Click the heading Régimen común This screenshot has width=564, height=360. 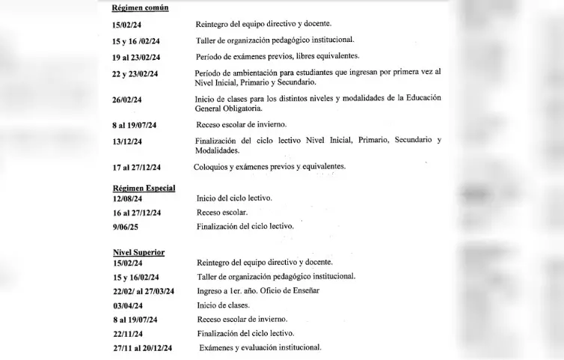pyautogui.click(x=140, y=7)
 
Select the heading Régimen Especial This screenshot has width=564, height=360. pyautogui.click(x=144, y=188)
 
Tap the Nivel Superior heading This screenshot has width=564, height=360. pyautogui.click(x=138, y=252)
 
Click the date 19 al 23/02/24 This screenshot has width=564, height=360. pyautogui.click(x=141, y=58)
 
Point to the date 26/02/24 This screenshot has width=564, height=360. pyautogui.click(x=127, y=100)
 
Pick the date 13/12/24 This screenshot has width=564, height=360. pyautogui.click(x=127, y=141)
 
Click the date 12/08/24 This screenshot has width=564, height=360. pyautogui.click(x=127, y=198)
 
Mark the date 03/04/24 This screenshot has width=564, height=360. pyautogui.click(x=127, y=305)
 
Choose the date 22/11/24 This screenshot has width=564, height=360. pyautogui.click(x=127, y=334)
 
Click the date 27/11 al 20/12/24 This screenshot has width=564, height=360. pyautogui.click(x=142, y=348)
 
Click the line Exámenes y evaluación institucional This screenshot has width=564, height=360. pyautogui.click(x=260, y=347)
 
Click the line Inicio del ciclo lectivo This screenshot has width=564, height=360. pyautogui.click(x=234, y=198)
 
